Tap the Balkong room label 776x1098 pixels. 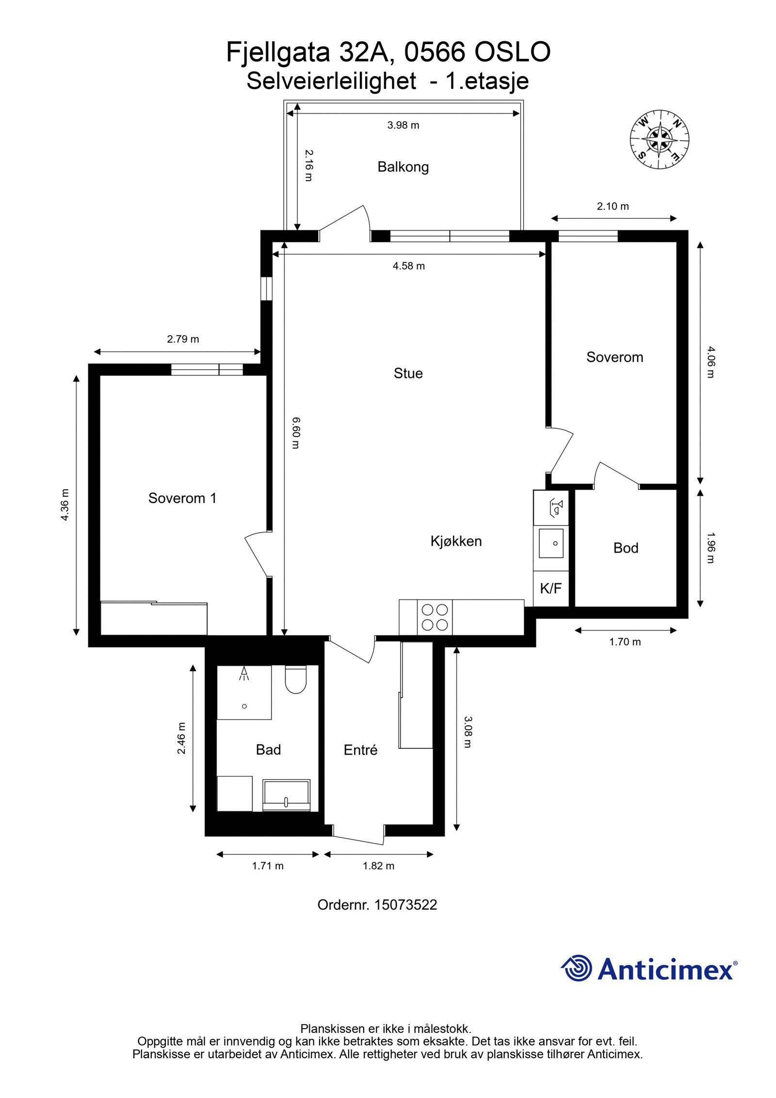pyautogui.click(x=403, y=167)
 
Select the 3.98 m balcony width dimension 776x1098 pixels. pyautogui.click(x=403, y=125)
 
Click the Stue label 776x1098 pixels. pyautogui.click(x=408, y=373)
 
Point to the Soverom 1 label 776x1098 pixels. pyautogui.click(x=182, y=498)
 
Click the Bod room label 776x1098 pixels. pyautogui.click(x=626, y=548)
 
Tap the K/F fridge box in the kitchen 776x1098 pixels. pyautogui.click(x=550, y=589)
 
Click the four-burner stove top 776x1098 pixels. pyautogui.click(x=435, y=617)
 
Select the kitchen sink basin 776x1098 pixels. pyautogui.click(x=551, y=544)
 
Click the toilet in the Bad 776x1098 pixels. pyautogui.click(x=295, y=680)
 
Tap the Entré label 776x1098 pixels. pyautogui.click(x=360, y=750)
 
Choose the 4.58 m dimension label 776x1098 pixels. pyautogui.click(x=408, y=266)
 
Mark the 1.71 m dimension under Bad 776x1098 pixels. pyautogui.click(x=268, y=866)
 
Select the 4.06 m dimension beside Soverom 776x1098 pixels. pyautogui.click(x=710, y=362)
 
